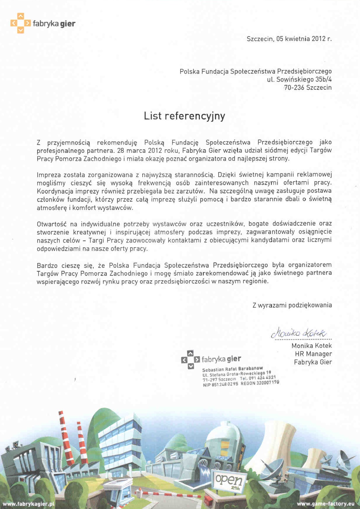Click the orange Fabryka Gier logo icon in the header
click(x=21, y=23)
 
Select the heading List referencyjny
click(x=184, y=116)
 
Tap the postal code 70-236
click(x=294, y=88)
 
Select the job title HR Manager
click(x=313, y=354)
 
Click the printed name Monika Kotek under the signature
click(x=312, y=346)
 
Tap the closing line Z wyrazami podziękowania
click(x=292, y=305)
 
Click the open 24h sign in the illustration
click(x=229, y=480)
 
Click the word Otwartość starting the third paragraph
click(x=52, y=224)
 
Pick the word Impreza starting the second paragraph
click(x=48, y=175)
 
